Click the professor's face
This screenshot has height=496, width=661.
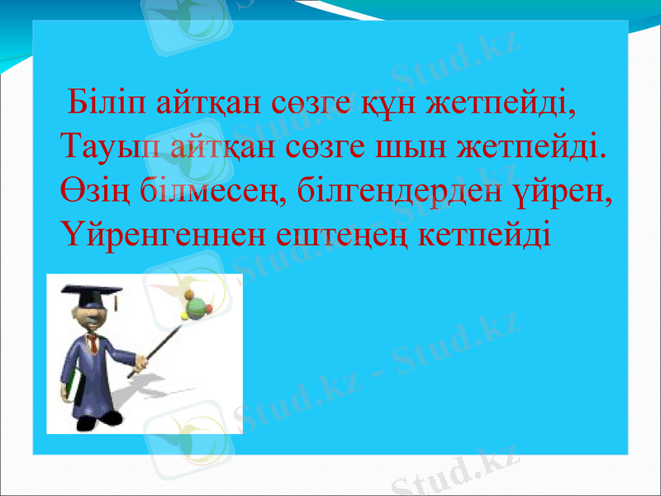[x=93, y=317]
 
